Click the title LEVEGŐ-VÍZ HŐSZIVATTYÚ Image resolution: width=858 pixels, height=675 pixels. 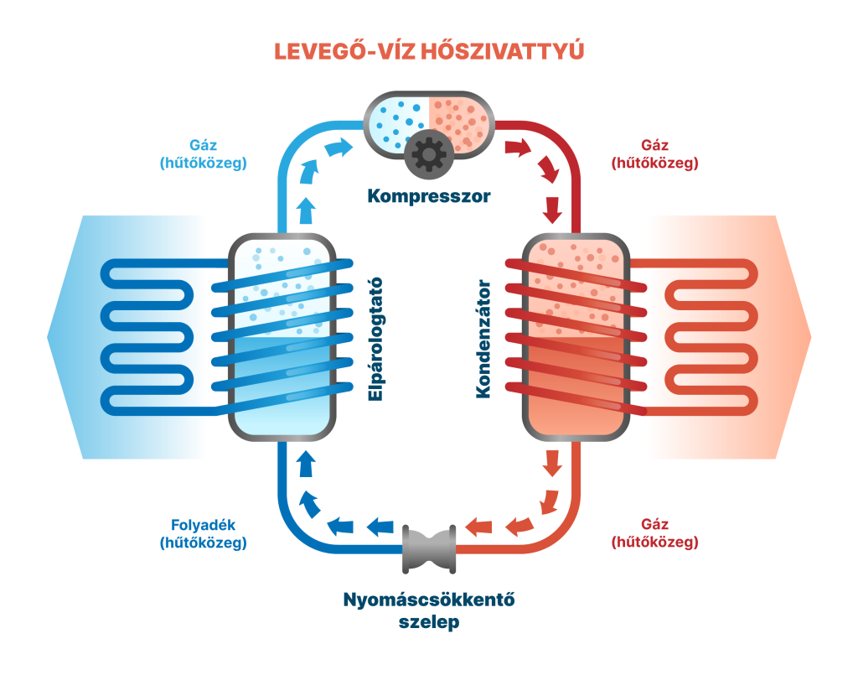click(428, 51)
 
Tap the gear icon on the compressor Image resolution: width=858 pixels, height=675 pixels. click(428, 153)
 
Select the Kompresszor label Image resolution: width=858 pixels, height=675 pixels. click(428, 197)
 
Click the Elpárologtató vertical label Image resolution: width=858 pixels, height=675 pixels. click(376, 339)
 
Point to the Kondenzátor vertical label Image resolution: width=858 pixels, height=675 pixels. click(483, 339)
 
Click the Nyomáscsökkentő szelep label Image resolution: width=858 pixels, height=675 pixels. click(428, 611)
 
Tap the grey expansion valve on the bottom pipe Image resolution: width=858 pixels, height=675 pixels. click(429, 548)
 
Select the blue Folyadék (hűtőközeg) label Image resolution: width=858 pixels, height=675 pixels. click(203, 534)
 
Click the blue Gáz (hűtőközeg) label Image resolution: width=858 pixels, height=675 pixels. click(203, 154)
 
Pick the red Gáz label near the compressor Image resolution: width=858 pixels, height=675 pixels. click(655, 154)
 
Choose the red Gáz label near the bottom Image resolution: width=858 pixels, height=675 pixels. click(655, 534)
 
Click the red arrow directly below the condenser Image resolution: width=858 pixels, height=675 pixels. click(551, 461)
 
